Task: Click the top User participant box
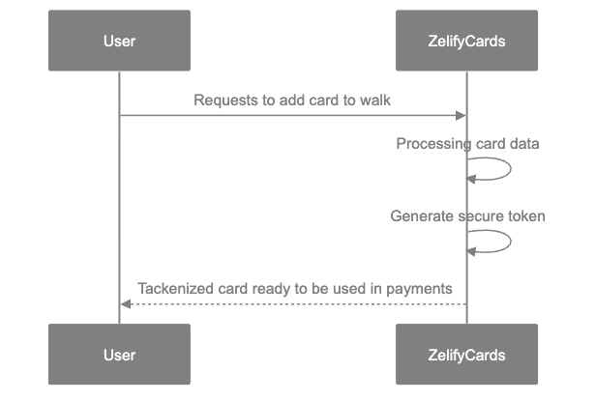(119, 41)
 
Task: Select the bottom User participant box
(119, 355)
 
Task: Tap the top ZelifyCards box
(466, 41)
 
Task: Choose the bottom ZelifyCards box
(466, 355)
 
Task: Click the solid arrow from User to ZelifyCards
(290, 116)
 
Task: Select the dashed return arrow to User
(290, 304)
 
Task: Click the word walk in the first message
(374, 100)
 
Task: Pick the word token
(526, 216)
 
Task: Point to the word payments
(421, 288)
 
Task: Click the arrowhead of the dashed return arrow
(125, 304)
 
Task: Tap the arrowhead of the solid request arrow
(461, 116)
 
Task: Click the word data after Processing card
(523, 144)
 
